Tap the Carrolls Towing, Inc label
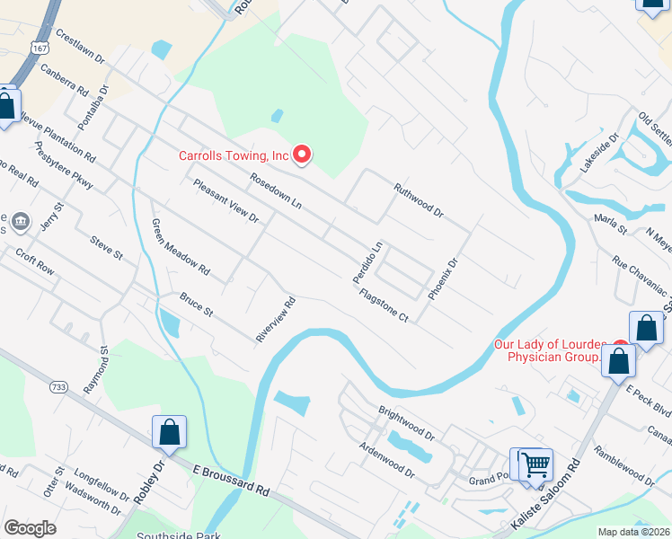tap(233, 155)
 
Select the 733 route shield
tap(58, 387)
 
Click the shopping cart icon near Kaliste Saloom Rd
tap(535, 464)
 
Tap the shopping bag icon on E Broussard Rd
tap(169, 433)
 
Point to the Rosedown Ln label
tap(275, 190)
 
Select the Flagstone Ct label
tap(384, 305)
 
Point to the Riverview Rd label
tap(276, 320)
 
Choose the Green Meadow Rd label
tap(180, 247)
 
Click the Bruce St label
tap(196, 305)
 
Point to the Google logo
tap(30, 528)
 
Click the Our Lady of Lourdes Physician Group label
tap(551, 350)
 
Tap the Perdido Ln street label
tap(367, 259)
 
